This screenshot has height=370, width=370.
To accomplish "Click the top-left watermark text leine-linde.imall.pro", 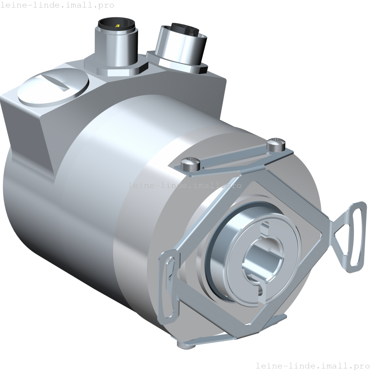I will pos(57,5).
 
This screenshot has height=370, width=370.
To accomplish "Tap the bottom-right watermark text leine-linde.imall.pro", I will pos(312,365).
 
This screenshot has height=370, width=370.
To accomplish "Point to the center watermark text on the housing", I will pos(185,185).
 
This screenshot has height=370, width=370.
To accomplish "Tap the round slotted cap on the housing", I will pos(53,88).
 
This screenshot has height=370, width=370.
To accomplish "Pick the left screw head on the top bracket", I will pos(190,165).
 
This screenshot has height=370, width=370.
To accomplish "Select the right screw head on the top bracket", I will pos(276,144).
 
